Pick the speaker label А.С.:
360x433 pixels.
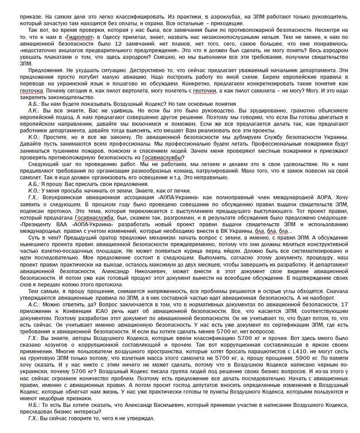pyautogui.click(x=34, y=305)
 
